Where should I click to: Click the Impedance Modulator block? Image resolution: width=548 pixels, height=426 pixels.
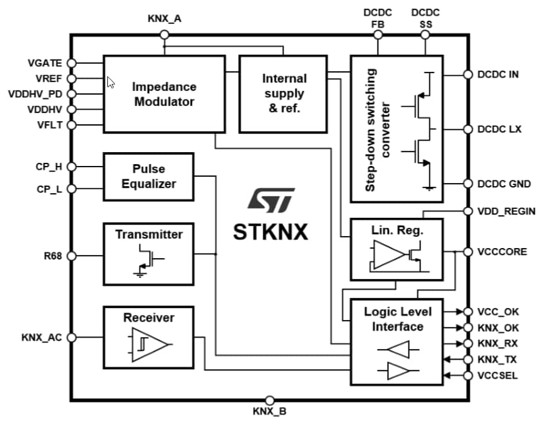pos(164,94)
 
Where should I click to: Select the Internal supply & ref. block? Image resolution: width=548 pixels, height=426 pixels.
pos(283,94)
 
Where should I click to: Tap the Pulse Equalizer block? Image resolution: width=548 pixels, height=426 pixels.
pos(148,177)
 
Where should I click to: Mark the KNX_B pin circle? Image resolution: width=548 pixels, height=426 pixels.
pos(270,400)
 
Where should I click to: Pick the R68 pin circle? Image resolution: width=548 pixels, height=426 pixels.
pos(71,256)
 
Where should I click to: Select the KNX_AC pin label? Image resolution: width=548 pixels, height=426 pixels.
pos(42,338)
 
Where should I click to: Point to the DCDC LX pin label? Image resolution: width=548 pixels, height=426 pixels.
pos(499,129)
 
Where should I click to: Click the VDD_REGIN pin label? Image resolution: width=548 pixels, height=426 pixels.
pos(506,211)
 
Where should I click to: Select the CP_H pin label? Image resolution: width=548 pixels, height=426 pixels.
pos(49,167)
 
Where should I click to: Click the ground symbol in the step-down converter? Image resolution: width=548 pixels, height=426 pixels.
pos(430,187)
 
